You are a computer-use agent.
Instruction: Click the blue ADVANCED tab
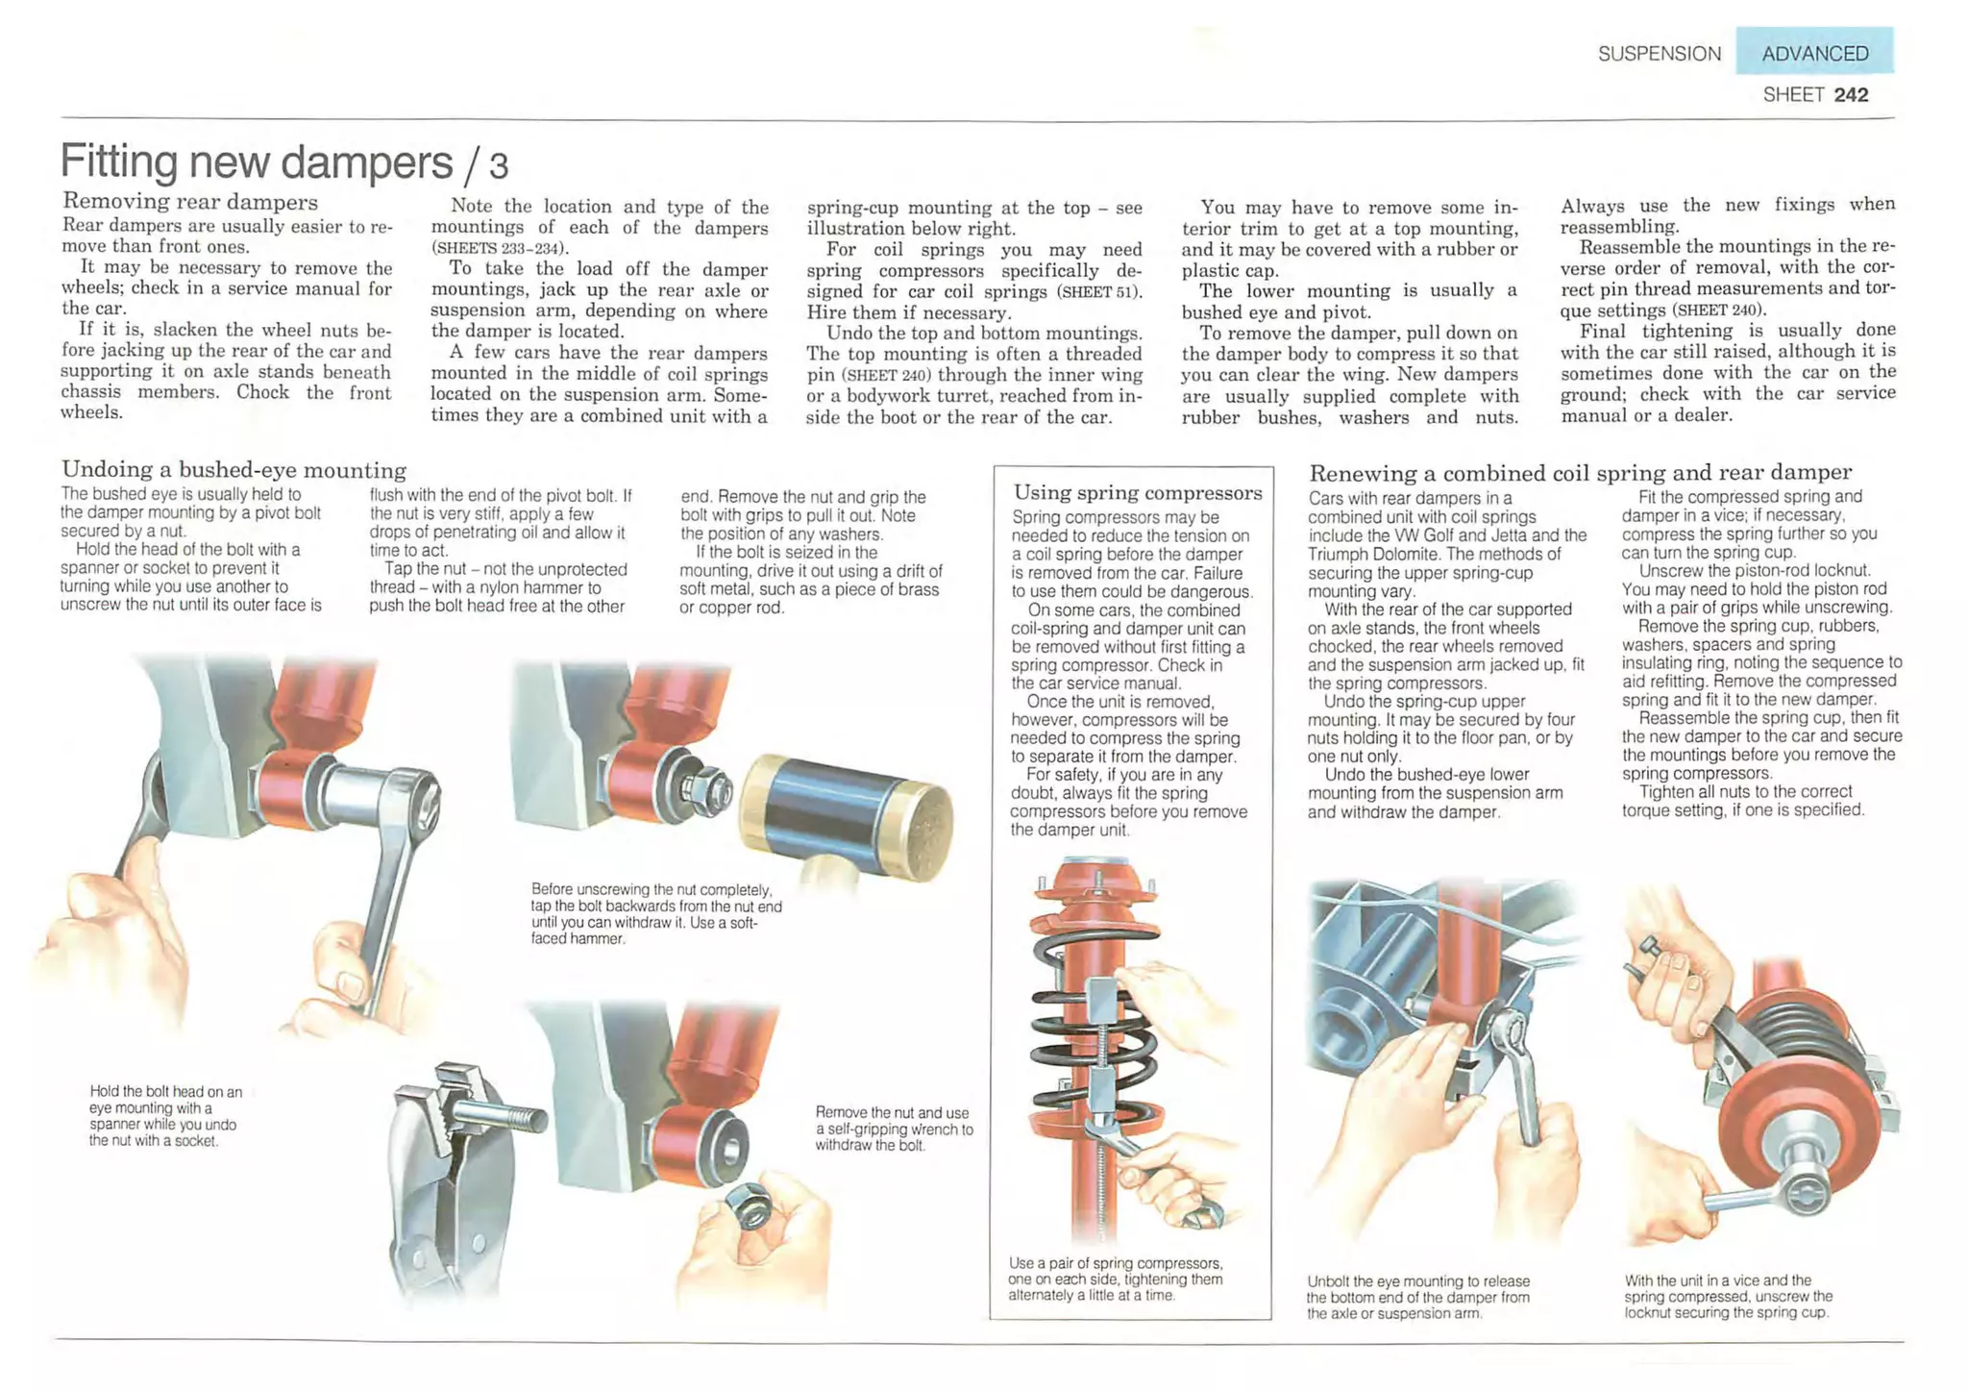tap(1814, 52)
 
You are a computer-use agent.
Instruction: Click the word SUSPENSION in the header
tap(1660, 54)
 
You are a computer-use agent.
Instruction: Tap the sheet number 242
tap(1851, 94)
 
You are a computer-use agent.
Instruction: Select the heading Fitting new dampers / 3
tap(284, 161)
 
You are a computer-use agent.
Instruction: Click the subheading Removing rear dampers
tap(190, 201)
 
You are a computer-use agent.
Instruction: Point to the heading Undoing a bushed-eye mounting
tap(234, 469)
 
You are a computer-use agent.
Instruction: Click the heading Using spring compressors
tap(1138, 492)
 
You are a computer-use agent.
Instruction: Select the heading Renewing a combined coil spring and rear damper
tap(1581, 472)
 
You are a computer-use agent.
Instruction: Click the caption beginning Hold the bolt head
tap(165, 1116)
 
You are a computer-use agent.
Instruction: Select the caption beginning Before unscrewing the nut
tap(656, 913)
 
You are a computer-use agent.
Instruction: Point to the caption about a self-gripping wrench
tap(894, 1129)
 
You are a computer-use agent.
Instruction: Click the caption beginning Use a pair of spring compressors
tap(1116, 1279)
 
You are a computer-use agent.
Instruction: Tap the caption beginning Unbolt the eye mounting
tap(1418, 1297)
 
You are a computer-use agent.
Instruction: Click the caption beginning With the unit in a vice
tap(1729, 1296)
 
